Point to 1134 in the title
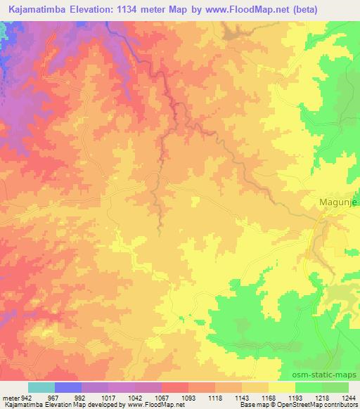click(x=126, y=10)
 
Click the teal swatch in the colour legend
click(x=41, y=387)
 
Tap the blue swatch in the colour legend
click(x=67, y=387)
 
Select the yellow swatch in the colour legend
click(x=281, y=387)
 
